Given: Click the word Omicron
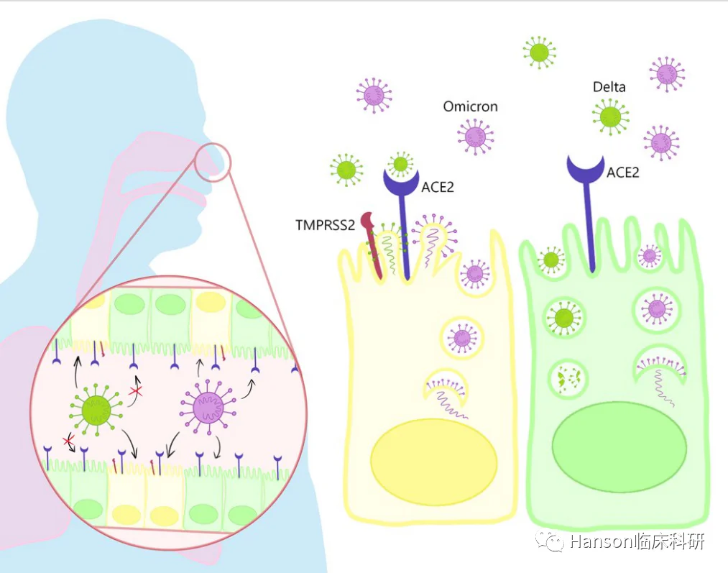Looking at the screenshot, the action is [x=470, y=106].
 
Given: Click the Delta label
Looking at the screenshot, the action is [x=609, y=87].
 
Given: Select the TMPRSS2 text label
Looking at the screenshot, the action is [x=325, y=225].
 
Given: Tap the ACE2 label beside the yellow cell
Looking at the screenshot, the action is [x=438, y=187].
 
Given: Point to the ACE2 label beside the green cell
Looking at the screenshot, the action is [x=623, y=173].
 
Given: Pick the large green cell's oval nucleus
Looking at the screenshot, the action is [x=619, y=446].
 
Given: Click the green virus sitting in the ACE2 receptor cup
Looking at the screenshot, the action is [x=400, y=163].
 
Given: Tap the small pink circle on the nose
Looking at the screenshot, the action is [x=212, y=161].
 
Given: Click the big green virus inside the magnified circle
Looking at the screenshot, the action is [x=96, y=410].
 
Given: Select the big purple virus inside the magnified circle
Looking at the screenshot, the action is [x=208, y=407].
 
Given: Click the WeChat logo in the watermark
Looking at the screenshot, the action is [x=550, y=541].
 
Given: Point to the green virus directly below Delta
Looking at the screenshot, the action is [x=611, y=117].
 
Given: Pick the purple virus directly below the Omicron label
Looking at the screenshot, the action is [x=475, y=137].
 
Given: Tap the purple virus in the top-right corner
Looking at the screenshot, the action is [x=667, y=74].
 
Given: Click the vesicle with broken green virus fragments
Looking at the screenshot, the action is [x=568, y=378].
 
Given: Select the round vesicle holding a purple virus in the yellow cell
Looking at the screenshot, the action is [x=462, y=338].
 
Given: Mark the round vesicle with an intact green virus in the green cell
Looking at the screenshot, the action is [x=564, y=318].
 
